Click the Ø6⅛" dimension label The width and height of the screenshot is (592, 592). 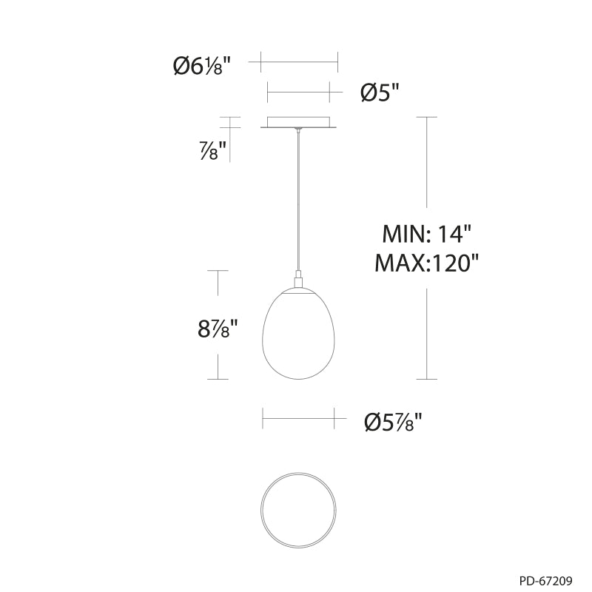[201, 67]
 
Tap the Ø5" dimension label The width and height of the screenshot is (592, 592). [380, 92]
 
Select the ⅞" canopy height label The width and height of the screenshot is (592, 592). [213, 150]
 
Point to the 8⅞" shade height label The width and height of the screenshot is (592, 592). [218, 328]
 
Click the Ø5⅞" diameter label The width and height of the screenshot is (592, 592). [393, 421]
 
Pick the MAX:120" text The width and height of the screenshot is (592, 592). [427, 263]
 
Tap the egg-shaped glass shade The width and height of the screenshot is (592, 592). [298, 334]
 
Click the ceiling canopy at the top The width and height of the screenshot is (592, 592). [299, 122]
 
